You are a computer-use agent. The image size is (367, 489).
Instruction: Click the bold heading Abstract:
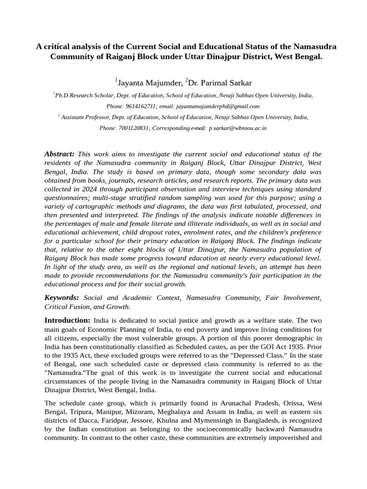(x=59, y=154)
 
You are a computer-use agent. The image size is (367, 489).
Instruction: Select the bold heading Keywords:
(x=62, y=298)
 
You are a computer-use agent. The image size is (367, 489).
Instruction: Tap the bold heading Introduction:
(x=67, y=320)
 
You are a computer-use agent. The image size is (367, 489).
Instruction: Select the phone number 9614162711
(x=140, y=106)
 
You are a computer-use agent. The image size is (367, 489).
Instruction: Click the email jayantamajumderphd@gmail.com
(x=217, y=106)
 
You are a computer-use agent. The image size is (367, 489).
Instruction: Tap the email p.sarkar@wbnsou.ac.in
(x=237, y=128)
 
